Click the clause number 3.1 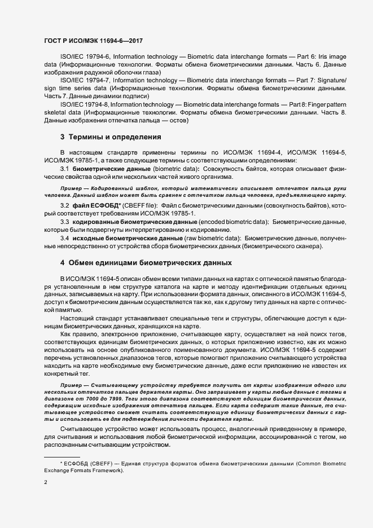click(x=64, y=169)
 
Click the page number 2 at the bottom click(x=46, y=482)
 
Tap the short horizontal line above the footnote click(x=62, y=456)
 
